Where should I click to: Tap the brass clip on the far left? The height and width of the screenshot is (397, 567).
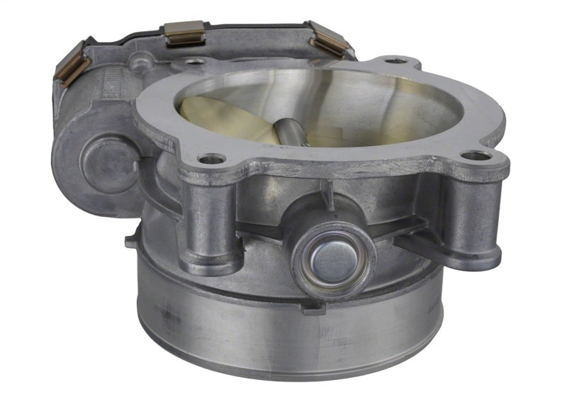[72, 63]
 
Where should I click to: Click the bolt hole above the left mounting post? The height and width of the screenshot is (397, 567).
[212, 159]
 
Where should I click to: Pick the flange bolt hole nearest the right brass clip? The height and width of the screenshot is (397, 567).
[395, 61]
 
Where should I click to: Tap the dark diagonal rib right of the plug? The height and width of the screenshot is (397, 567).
[418, 245]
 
